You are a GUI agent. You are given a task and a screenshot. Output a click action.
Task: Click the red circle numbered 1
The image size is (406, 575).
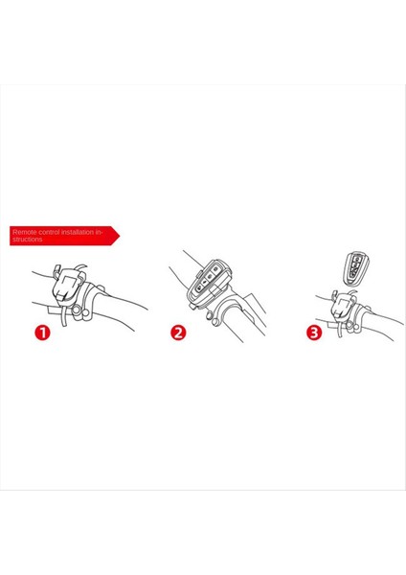point(42,333)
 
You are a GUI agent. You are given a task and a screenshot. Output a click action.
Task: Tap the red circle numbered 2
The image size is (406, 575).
point(178,333)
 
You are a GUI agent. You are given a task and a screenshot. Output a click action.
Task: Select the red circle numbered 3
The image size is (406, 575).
point(315,333)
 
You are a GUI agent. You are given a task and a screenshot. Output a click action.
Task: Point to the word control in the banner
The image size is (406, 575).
point(48,232)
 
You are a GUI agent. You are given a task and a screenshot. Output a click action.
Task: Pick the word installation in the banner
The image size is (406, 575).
point(80,232)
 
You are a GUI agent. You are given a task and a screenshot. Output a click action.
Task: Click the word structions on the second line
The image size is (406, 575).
point(28,240)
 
